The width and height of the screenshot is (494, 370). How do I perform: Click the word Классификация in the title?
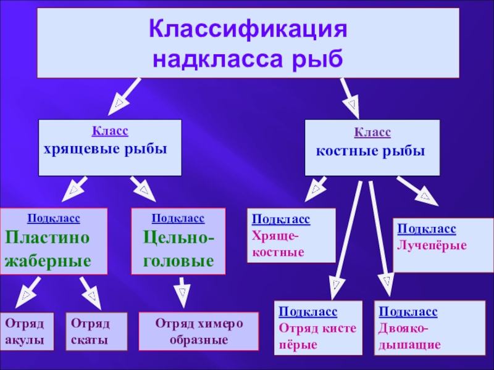coord(247,30)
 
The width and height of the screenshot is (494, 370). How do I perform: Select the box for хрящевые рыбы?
coord(110,147)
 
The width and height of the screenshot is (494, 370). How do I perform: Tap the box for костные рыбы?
coord(372,147)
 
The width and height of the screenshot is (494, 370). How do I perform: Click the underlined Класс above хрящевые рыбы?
coord(110,131)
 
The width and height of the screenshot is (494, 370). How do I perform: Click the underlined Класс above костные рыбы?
coord(372,132)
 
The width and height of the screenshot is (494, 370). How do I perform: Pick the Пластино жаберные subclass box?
coord(54,241)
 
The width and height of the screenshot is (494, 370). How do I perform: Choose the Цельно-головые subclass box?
coord(178,241)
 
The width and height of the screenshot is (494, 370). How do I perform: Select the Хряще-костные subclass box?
coord(291,236)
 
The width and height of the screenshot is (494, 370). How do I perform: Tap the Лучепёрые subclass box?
coord(443,245)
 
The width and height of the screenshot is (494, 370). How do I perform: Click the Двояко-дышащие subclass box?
coord(418,328)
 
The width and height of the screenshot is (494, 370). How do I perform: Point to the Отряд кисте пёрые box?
coord(317,328)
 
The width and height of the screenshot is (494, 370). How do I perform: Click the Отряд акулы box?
coord(27,331)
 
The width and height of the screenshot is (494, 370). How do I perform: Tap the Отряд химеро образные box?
coord(198,331)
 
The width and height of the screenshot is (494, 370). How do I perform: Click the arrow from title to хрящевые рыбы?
coord(124,96)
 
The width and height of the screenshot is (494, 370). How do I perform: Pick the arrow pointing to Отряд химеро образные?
coord(182,292)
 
